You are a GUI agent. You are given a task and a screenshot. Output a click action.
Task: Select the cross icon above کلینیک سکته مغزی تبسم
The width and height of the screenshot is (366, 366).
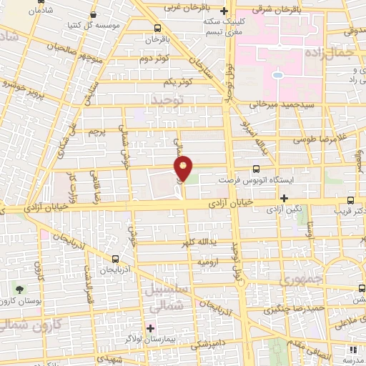[x=224, y=11]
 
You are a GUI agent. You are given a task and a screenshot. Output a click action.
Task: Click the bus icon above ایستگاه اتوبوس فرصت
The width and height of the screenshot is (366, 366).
[x=256, y=169]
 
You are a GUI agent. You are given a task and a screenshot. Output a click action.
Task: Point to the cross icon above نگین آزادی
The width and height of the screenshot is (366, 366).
[x=285, y=198]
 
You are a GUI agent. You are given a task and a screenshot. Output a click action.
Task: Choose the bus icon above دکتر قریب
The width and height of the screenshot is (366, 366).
[x=350, y=201]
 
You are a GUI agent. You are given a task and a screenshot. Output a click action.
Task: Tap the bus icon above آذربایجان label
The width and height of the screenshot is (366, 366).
[x=115, y=259]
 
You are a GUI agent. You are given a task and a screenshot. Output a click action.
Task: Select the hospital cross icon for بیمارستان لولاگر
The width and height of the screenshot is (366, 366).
[x=149, y=328]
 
